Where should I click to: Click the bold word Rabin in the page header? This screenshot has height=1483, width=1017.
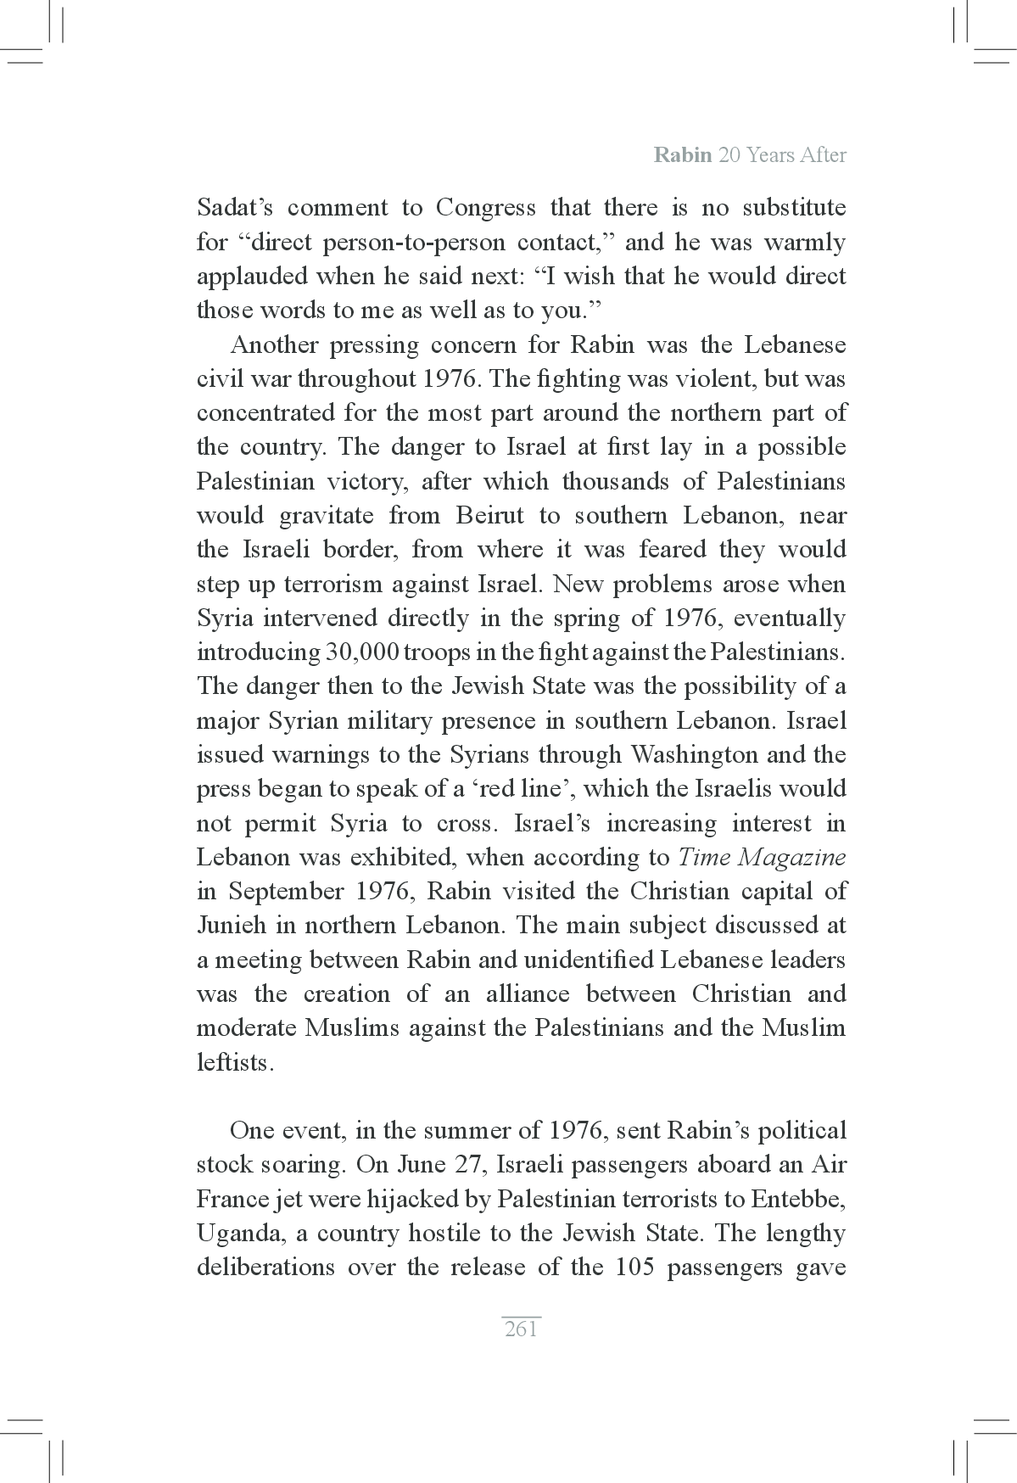point(682,156)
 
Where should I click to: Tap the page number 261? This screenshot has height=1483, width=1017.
point(521,1329)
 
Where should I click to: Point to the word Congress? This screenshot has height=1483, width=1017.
point(485,208)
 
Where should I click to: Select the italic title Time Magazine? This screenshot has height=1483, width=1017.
point(762,857)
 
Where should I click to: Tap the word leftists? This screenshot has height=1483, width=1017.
point(236,1062)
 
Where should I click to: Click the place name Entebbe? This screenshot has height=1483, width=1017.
point(797,1199)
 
